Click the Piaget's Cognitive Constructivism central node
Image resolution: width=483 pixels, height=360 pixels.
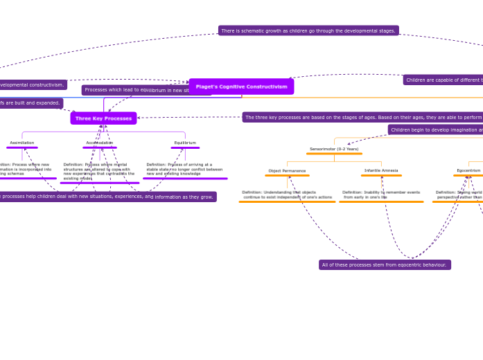241,87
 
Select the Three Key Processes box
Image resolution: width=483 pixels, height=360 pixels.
103,118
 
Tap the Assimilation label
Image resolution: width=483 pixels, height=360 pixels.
22,143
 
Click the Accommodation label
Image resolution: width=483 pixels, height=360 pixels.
100,143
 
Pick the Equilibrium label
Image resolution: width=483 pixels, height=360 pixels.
185,143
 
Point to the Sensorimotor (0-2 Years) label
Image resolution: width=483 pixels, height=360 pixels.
334,149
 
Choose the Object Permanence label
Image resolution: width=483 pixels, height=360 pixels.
287,170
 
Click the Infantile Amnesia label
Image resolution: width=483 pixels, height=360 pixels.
381,170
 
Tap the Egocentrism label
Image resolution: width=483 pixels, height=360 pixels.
468,170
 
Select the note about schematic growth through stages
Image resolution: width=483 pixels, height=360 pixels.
308,30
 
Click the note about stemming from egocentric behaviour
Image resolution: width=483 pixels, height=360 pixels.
385,264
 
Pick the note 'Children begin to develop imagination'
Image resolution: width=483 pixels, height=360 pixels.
436,129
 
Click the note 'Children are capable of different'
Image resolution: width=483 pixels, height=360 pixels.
444,80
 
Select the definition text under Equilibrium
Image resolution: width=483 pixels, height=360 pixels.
184,169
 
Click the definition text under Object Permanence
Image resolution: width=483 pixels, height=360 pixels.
287,195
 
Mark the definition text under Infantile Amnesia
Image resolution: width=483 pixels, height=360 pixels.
381,195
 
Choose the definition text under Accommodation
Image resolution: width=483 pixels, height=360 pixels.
98,172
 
